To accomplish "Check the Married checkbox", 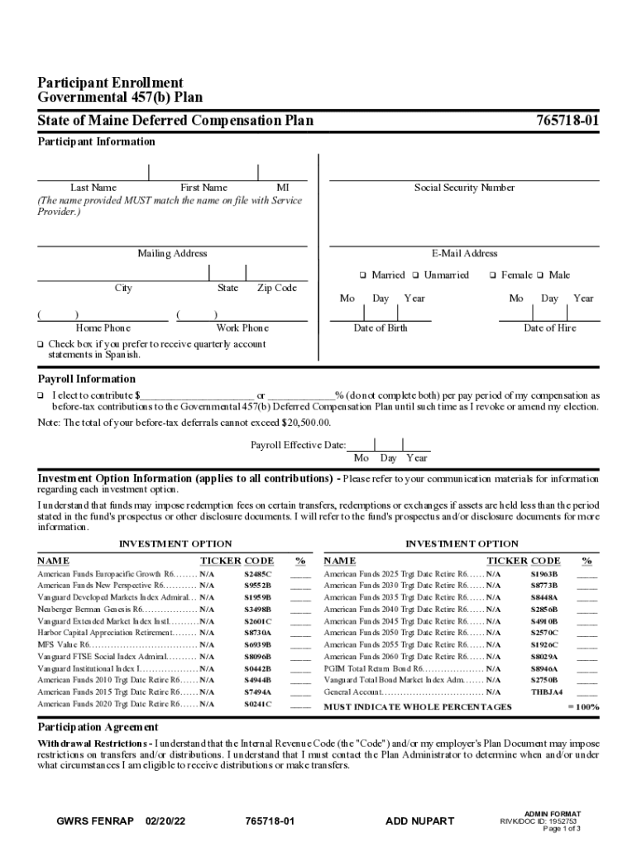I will pyautogui.click(x=362, y=275).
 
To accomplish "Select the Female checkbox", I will pyautogui.click(x=492, y=275).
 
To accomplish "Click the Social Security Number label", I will pyautogui.click(x=464, y=188).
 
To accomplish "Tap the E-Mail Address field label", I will pyautogui.click(x=464, y=253).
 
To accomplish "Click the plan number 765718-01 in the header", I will pyautogui.click(x=568, y=121).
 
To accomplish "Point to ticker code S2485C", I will pyautogui.click(x=257, y=573).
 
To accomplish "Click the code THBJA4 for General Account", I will pyautogui.click(x=546, y=691).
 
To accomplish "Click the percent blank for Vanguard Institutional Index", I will pyautogui.click(x=300, y=669).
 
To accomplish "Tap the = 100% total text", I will pyautogui.click(x=583, y=707).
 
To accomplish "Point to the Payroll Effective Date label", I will pyautogui.click(x=298, y=445).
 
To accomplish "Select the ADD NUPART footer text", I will pyautogui.click(x=419, y=821).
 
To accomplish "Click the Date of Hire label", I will pyautogui.click(x=550, y=328).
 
